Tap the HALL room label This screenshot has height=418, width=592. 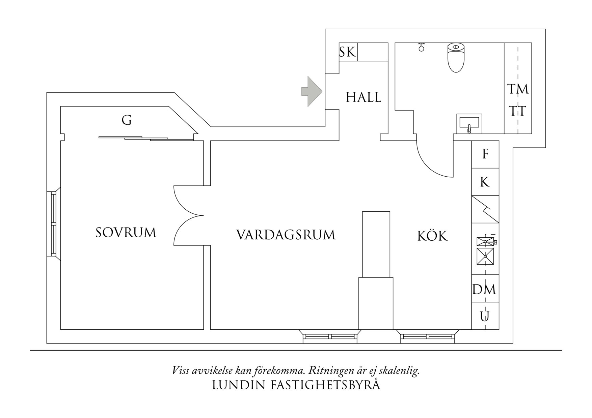[363, 97]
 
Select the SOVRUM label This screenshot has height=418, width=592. [126, 233]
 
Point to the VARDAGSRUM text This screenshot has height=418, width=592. [286, 235]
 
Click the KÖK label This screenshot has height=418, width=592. [432, 236]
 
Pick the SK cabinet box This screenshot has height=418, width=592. [348, 52]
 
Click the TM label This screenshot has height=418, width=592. [518, 89]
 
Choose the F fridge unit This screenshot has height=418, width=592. [485, 154]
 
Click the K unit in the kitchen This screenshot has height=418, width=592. [485, 182]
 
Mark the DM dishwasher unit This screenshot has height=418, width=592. [484, 289]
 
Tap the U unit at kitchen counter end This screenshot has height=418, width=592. [485, 317]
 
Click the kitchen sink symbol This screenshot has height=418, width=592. [485, 256]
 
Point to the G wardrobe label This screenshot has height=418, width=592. [127, 120]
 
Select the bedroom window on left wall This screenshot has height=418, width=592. [53, 223]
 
